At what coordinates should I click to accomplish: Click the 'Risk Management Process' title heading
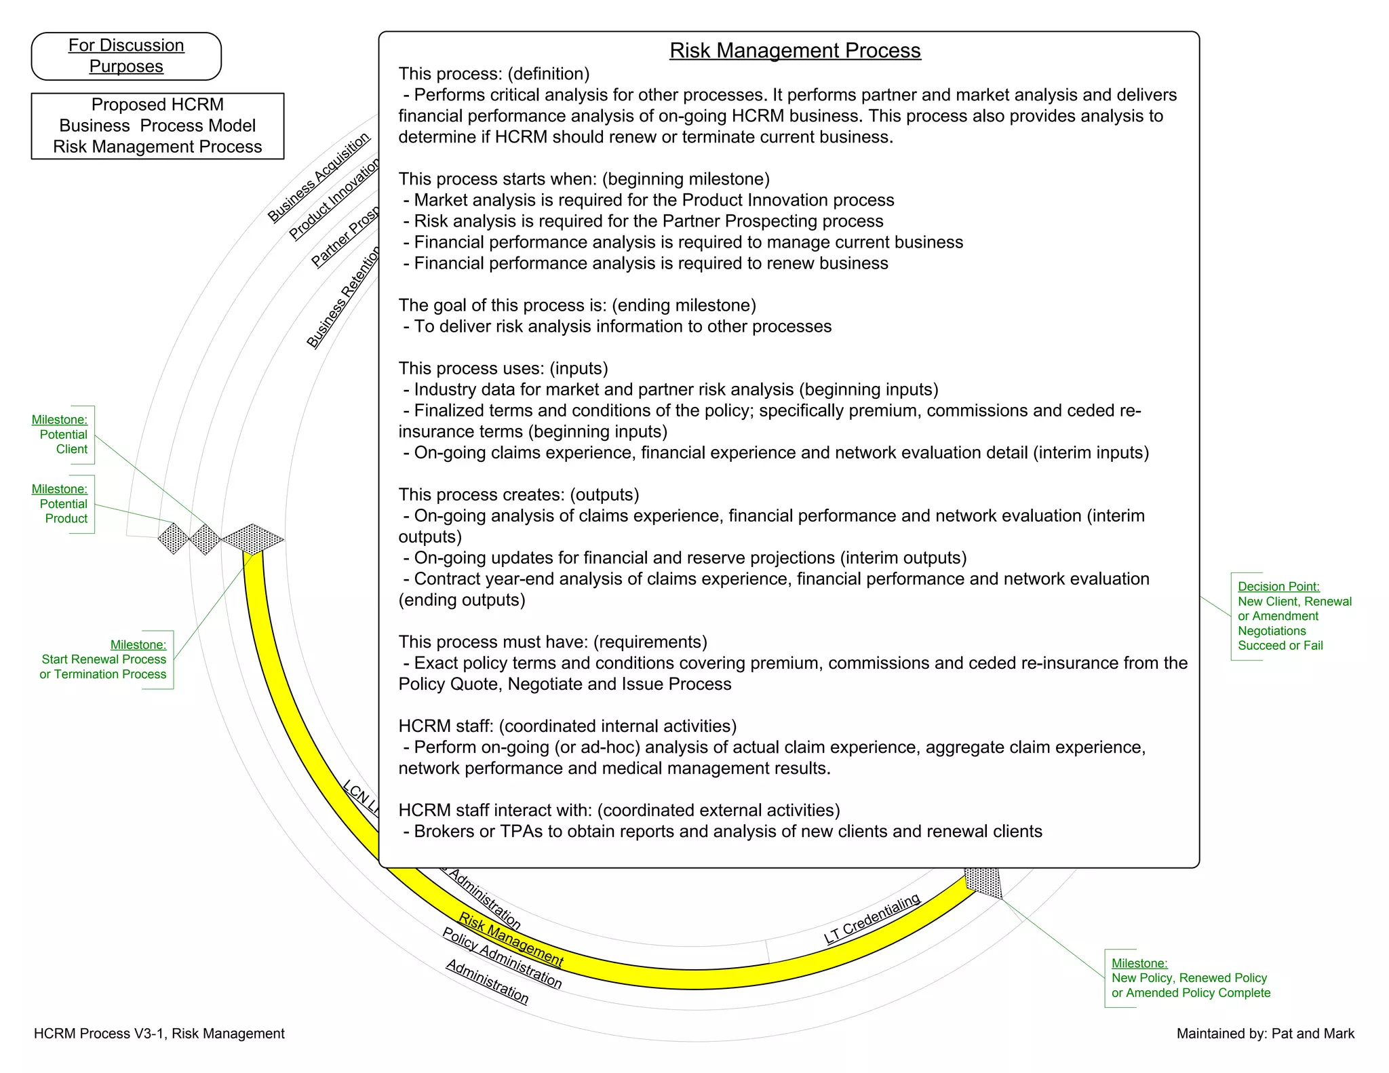click(795, 50)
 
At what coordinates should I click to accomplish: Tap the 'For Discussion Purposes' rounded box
click(126, 56)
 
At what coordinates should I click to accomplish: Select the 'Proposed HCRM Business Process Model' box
click(157, 125)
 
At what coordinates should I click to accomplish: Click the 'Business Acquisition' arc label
click(318, 177)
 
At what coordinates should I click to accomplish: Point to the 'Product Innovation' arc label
click(334, 199)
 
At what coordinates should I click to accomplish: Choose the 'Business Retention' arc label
click(343, 298)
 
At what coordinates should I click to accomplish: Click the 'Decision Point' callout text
click(1293, 616)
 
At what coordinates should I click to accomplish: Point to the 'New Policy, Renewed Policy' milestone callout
click(1189, 978)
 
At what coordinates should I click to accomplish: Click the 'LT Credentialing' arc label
click(872, 919)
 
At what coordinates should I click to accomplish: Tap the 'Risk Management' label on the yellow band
click(511, 939)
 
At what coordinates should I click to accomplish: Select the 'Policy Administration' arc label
click(502, 958)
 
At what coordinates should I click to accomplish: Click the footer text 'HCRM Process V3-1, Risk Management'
click(159, 1033)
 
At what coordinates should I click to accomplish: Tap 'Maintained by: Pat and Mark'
click(1265, 1033)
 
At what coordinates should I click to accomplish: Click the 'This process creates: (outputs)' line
click(519, 494)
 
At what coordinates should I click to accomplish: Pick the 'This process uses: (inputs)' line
click(503, 368)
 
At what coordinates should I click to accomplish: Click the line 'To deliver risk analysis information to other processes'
click(622, 326)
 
